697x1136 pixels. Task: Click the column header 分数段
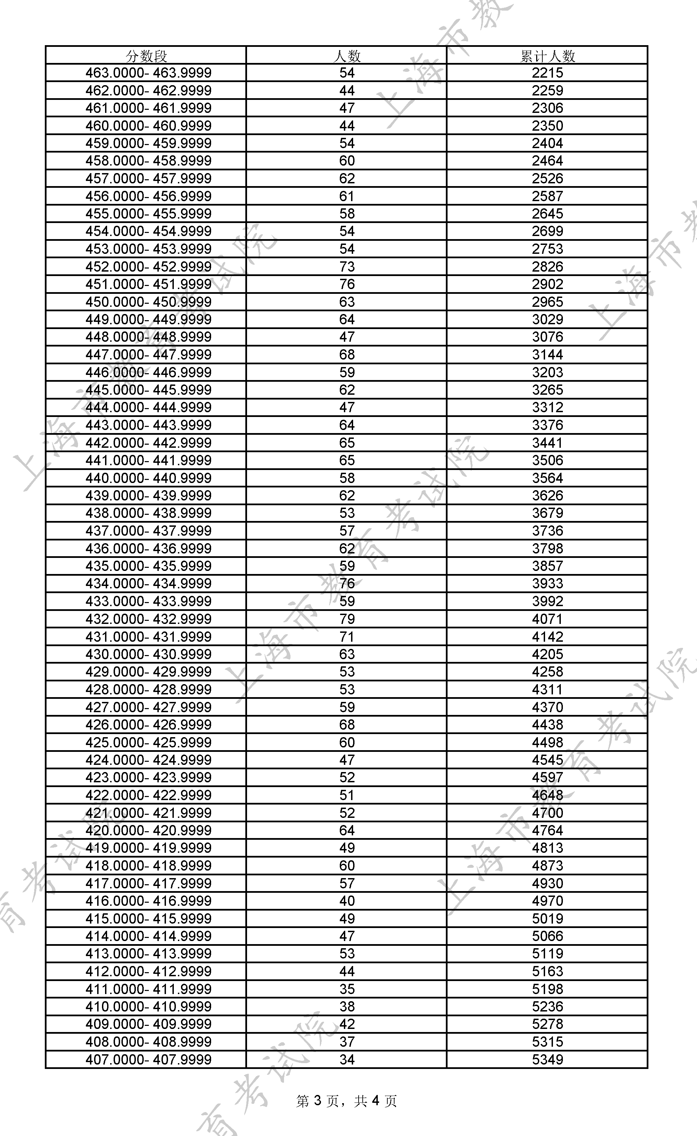point(146,56)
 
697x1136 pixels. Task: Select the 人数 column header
point(347,56)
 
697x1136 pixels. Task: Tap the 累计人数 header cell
point(547,56)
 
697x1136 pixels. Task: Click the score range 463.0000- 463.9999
point(148,73)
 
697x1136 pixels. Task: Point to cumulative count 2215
point(547,73)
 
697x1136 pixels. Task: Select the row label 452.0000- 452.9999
point(148,266)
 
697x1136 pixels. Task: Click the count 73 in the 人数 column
point(347,266)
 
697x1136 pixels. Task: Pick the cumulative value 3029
point(547,319)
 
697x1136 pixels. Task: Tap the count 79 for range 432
point(347,619)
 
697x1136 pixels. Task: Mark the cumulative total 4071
point(547,619)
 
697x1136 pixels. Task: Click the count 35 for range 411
point(347,989)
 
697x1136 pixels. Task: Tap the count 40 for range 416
point(347,901)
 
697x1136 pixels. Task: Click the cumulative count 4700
point(547,813)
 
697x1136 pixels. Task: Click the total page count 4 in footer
point(375,1101)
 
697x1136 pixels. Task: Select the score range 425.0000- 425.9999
point(148,742)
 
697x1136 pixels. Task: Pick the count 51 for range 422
point(347,795)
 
